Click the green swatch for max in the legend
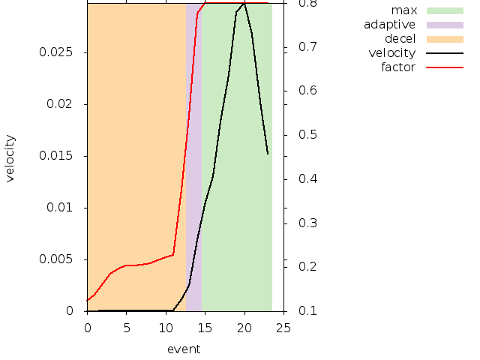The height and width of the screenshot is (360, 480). [445, 10]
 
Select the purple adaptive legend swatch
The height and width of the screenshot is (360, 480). [445, 25]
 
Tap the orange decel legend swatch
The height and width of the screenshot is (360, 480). [445, 39]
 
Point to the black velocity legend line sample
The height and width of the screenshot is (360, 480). [445, 53]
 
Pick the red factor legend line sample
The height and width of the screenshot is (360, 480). [445, 67]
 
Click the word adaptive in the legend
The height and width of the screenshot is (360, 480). [389, 25]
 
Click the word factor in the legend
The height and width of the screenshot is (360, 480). [398, 67]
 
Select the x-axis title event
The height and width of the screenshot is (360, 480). [184, 349]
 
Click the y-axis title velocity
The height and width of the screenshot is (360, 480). [10, 158]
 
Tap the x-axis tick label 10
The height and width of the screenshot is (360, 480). [166, 327]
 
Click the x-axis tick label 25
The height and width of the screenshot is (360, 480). [283, 327]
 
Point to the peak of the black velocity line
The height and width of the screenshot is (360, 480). [244, 4]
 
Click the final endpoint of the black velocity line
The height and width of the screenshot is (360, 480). [268, 154]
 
